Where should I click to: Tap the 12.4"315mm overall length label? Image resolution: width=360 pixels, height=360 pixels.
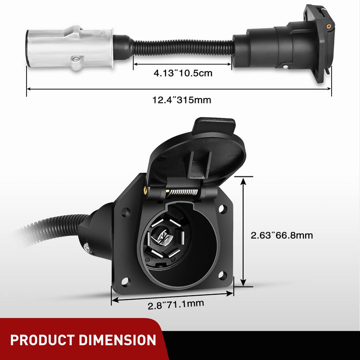[181, 99]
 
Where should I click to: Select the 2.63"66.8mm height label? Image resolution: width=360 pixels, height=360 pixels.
[282, 235]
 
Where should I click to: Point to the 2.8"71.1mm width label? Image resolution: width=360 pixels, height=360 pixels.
[176, 305]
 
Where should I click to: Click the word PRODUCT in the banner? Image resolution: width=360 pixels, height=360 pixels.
[45, 340]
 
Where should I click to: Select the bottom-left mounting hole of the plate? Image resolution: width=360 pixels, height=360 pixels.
[126, 282]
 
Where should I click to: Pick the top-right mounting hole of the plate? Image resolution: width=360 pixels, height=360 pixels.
[222, 208]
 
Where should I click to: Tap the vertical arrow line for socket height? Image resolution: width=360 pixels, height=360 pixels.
[243, 232]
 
